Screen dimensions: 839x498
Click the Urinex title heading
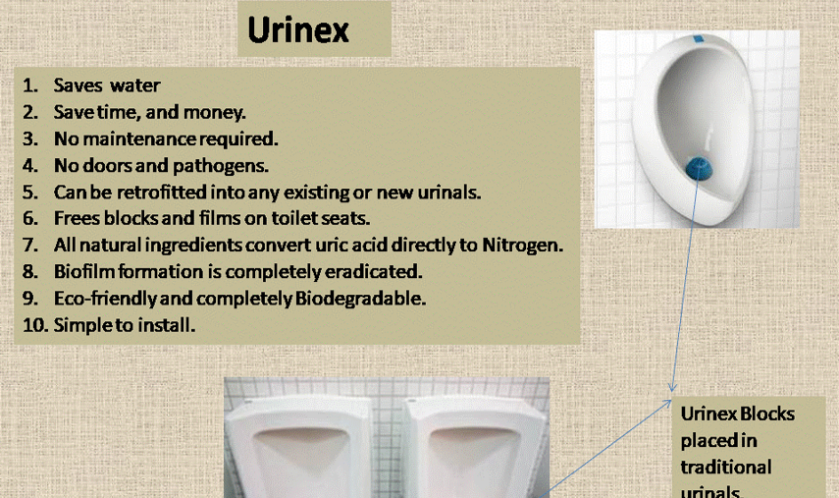298,29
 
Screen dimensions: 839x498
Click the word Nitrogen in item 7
523,246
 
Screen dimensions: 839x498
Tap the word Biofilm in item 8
84,271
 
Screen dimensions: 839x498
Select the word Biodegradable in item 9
360,299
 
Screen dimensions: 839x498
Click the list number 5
30,193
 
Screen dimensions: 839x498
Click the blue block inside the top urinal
699,168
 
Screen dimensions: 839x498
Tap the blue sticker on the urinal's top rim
698,39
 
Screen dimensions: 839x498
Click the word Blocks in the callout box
767,414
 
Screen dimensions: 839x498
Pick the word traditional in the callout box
725,467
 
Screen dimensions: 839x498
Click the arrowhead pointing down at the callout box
672,387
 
